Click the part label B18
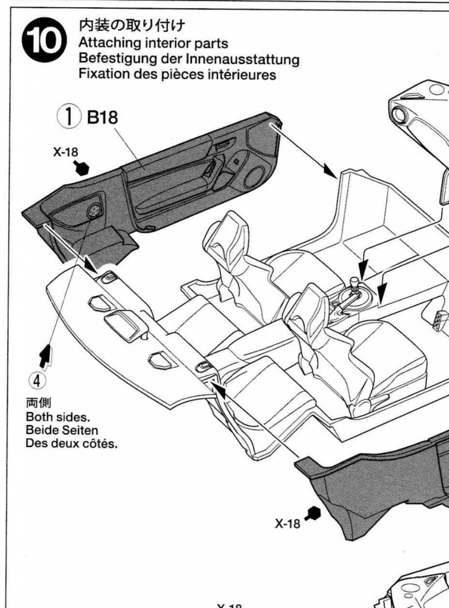103,117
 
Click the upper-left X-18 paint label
65,152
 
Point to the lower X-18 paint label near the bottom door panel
289,524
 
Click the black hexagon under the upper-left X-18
82,169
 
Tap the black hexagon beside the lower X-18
313,512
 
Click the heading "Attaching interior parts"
153,44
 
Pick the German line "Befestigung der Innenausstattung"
189,60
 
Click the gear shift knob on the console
355,283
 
